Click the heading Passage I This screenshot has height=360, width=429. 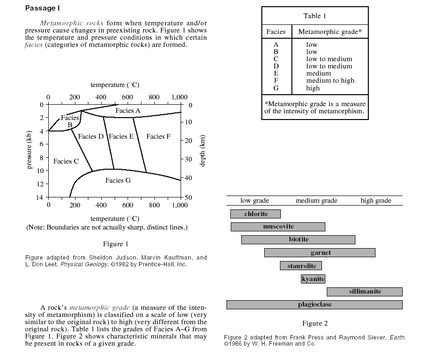[43, 8]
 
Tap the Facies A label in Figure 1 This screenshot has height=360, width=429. [128, 111]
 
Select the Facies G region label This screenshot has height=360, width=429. [118, 181]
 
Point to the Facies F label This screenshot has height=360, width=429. [159, 137]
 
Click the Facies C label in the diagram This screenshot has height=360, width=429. [66, 162]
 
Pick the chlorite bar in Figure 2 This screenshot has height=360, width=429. [256, 214]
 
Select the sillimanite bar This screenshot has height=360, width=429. [365, 292]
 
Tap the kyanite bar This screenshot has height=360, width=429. [313, 279]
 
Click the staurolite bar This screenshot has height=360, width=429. [301, 266]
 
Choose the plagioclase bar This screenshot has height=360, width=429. [314, 305]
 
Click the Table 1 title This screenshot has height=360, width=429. [315, 16]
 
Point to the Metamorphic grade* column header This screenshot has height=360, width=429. [330, 32]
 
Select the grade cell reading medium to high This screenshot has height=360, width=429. [330, 81]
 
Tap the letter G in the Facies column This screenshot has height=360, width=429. [276, 88]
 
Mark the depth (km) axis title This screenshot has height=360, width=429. [203, 151]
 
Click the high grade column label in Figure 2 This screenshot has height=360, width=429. [375, 201]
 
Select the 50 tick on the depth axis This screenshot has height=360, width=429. [188, 197]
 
